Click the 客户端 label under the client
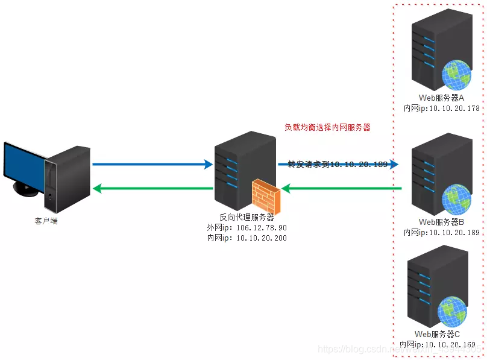pyautogui.click(x=46, y=221)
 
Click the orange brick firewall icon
pyautogui.click(x=266, y=194)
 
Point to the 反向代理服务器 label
pyautogui.click(x=247, y=217)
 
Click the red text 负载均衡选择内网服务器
pyautogui.click(x=327, y=127)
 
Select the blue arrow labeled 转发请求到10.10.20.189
pyautogui.click(x=338, y=164)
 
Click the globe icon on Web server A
pyautogui.click(x=456, y=75)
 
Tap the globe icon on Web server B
pyautogui.click(x=456, y=200)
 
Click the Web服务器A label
pyautogui.click(x=441, y=98)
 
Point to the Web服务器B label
pyautogui.click(x=441, y=222)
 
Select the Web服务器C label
pyautogui.click(x=438, y=334)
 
